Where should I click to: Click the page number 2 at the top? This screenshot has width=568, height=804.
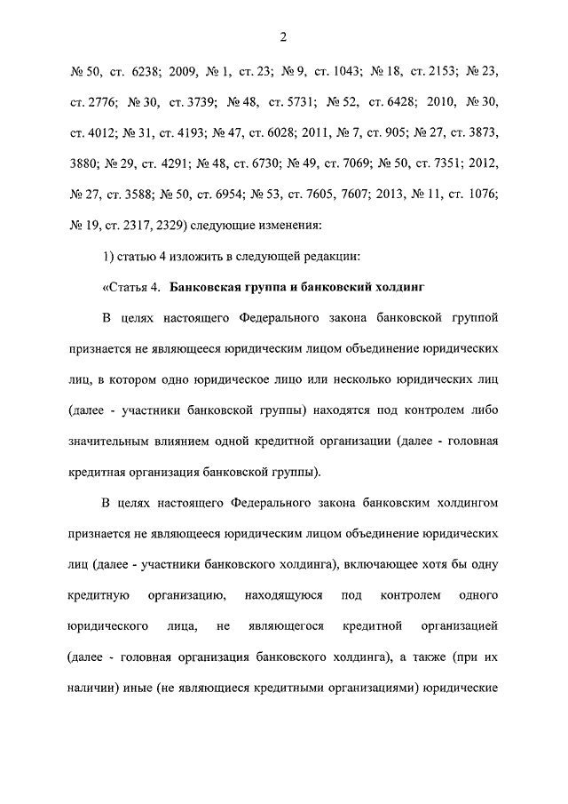tap(284, 37)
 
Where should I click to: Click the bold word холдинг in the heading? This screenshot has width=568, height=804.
tap(400, 287)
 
